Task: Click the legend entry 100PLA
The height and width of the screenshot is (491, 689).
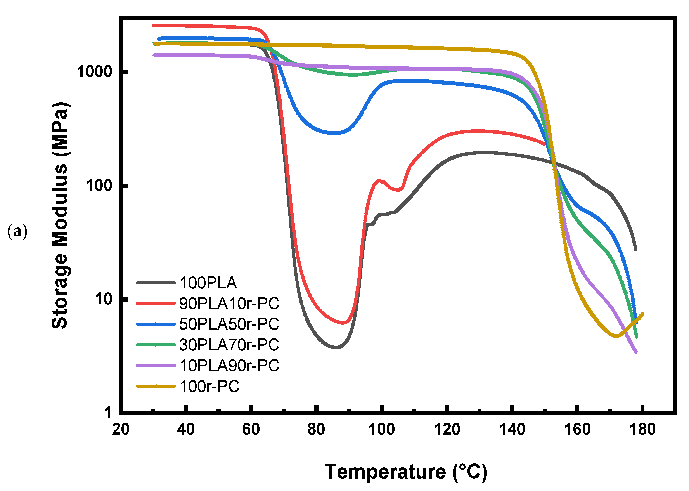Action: tap(208, 283)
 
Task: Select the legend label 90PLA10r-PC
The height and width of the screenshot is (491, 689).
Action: tap(229, 304)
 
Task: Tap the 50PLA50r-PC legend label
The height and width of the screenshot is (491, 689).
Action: tap(229, 324)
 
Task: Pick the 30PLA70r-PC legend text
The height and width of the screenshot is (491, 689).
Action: tap(229, 345)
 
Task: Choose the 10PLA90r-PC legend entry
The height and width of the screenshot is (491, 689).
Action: tap(229, 366)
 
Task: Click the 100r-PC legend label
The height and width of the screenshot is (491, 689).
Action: tap(209, 386)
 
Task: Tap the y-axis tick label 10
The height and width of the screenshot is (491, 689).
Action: tap(103, 299)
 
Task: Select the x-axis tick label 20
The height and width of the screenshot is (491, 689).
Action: tap(121, 430)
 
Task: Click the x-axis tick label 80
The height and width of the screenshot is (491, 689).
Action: tap(316, 430)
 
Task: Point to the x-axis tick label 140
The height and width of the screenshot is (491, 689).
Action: tap(512, 430)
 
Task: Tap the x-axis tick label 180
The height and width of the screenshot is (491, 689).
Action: tap(642, 430)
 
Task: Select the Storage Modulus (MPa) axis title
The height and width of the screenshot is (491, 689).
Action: tap(60, 215)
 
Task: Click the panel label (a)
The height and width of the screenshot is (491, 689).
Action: tap(17, 232)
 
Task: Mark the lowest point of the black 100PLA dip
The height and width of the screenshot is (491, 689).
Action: tap(336, 347)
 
